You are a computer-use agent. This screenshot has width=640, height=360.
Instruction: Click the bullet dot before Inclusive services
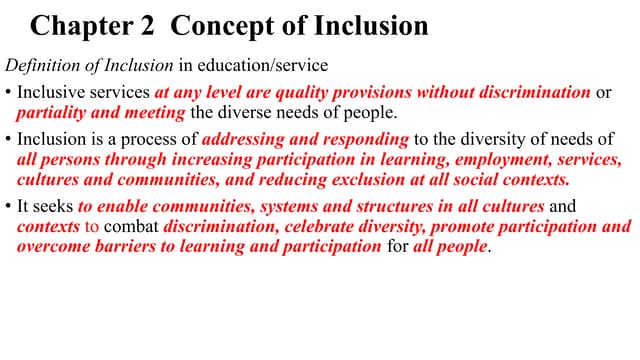click(x=10, y=93)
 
